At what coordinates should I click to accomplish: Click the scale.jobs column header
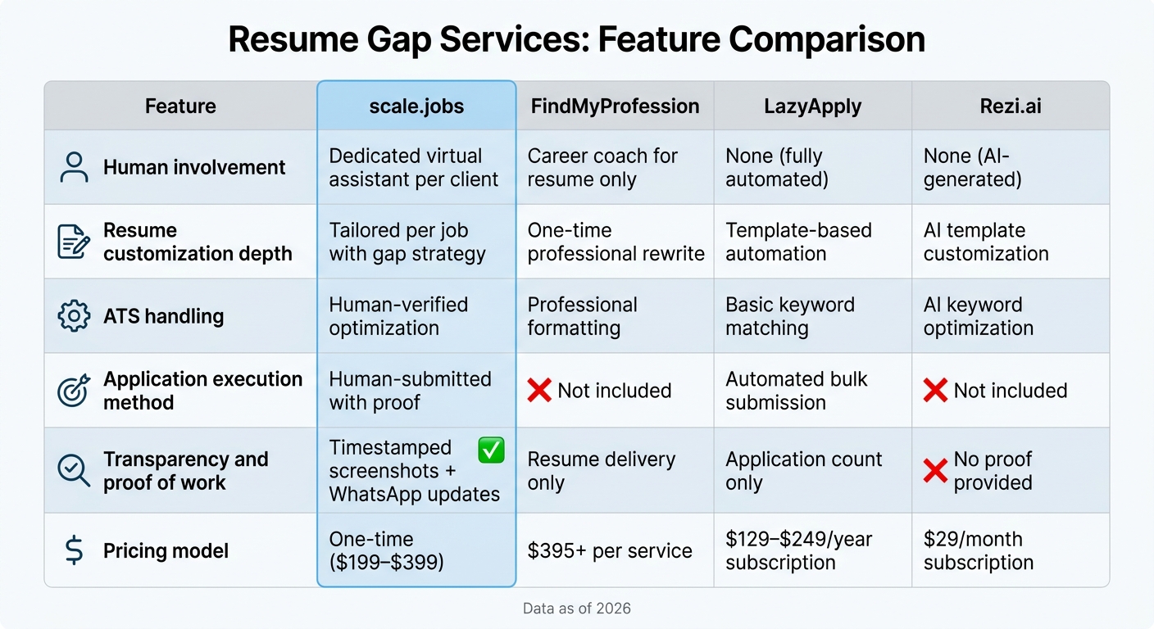[x=416, y=106]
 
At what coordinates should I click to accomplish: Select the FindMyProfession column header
[x=614, y=106]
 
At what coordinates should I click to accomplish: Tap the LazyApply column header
[x=812, y=106]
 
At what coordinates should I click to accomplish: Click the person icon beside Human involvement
[x=74, y=167]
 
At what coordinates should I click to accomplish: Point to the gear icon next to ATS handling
[x=74, y=315]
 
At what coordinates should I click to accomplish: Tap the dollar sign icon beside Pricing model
[x=74, y=550]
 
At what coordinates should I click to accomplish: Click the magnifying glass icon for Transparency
[x=74, y=471]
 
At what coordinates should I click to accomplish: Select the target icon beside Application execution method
[x=74, y=391]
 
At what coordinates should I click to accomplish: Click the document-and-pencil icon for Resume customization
[x=74, y=242]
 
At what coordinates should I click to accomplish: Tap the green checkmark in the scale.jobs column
[x=491, y=450]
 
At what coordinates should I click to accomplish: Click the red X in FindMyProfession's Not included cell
[x=539, y=391]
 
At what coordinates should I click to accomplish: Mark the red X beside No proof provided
[x=935, y=471]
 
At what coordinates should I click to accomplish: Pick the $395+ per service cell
[x=610, y=550]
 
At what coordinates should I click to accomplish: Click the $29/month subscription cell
[x=978, y=550]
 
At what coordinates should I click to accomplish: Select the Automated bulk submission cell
[x=796, y=391]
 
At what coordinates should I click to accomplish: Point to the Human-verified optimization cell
[x=398, y=316]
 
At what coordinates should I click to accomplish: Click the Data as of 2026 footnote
[x=577, y=609]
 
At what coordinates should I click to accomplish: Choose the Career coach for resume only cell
[x=602, y=167]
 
